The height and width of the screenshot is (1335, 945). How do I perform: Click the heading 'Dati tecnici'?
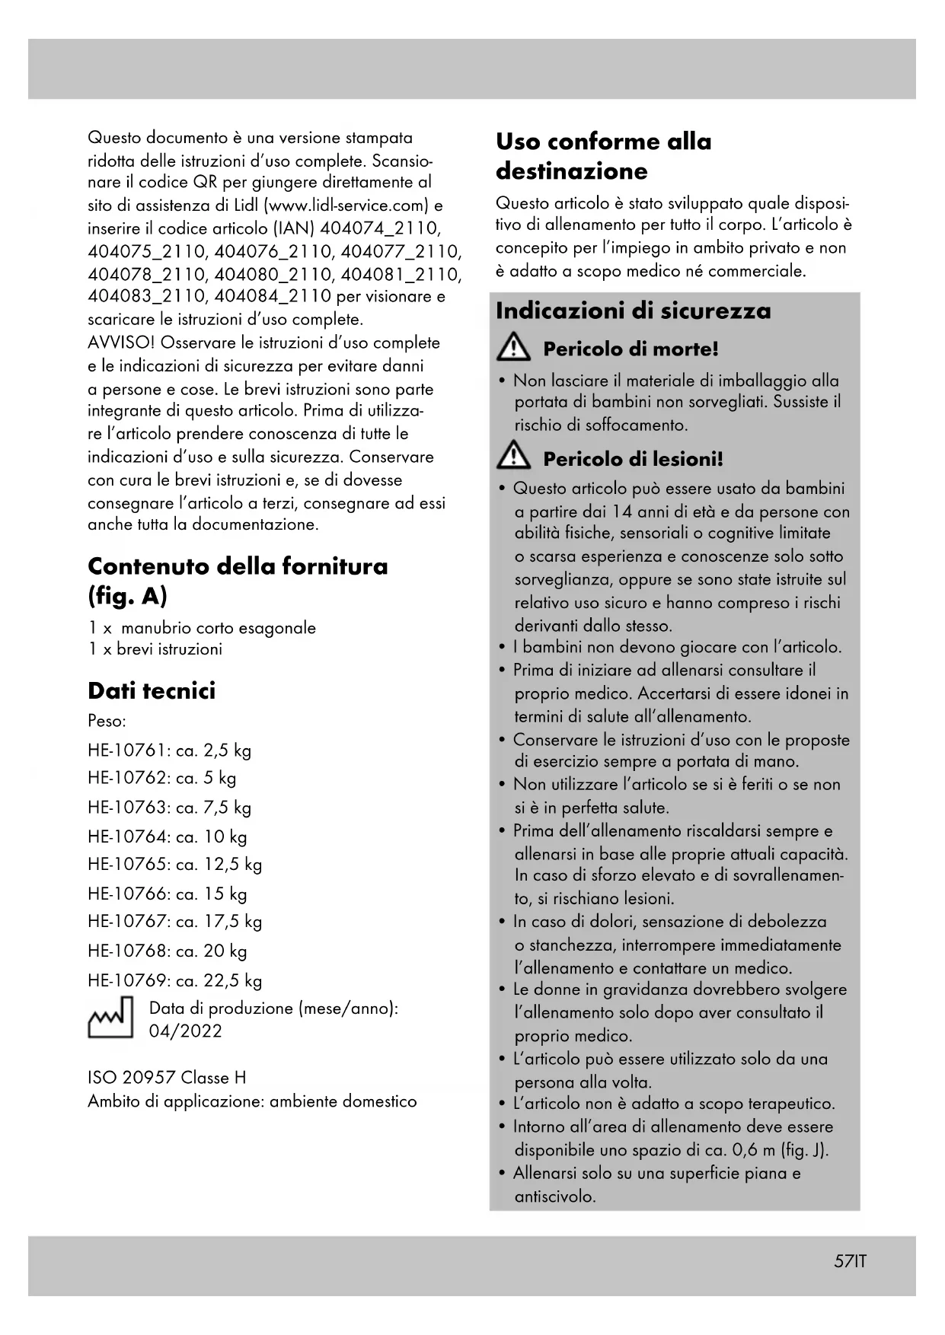click(x=152, y=690)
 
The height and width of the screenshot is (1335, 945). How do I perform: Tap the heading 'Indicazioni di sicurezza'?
click(x=633, y=311)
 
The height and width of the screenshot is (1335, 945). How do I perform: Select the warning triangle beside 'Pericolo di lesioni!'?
click(x=514, y=457)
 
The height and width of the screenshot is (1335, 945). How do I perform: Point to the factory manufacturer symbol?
click(x=110, y=1018)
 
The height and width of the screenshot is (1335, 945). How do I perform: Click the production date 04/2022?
click(x=186, y=1031)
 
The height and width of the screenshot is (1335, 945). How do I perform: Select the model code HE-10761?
click(x=126, y=750)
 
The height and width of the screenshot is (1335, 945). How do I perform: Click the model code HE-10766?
click(x=126, y=894)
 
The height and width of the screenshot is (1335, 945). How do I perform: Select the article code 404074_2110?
click(x=380, y=228)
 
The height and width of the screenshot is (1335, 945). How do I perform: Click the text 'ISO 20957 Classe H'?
click(x=167, y=1078)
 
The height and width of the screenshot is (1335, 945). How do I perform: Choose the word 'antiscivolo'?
click(x=554, y=1196)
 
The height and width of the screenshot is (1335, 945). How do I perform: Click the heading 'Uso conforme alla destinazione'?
click(x=603, y=156)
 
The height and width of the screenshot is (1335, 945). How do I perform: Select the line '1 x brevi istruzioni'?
click(x=155, y=649)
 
